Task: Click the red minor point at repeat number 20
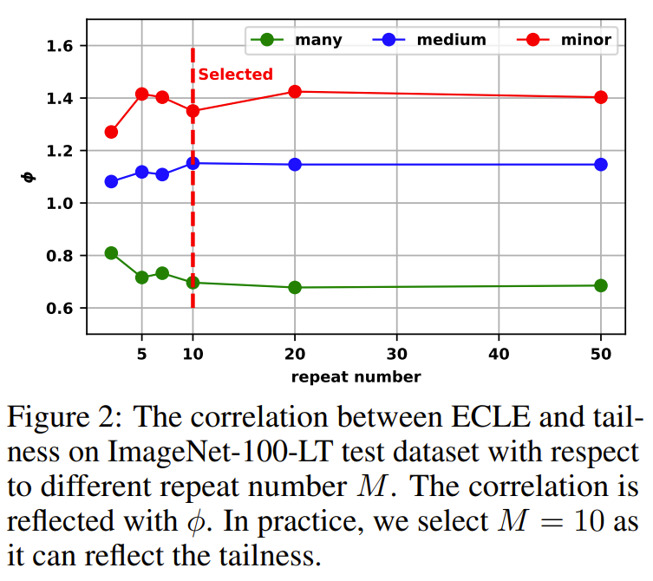[295, 91]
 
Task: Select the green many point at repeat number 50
[600, 285]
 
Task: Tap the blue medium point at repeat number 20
[295, 164]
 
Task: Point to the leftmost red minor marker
[111, 132]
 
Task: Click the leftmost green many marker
[111, 253]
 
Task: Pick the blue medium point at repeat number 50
[600, 164]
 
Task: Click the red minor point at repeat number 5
[141, 94]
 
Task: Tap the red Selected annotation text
[235, 75]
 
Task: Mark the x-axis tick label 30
[396, 354]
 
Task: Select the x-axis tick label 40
[499, 354]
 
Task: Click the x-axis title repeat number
[356, 376]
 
